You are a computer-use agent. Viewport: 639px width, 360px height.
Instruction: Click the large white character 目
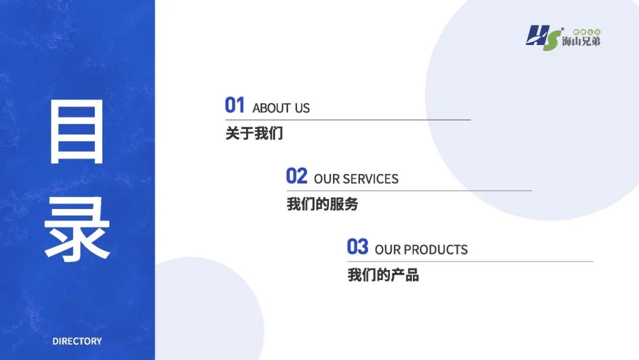coord(77,132)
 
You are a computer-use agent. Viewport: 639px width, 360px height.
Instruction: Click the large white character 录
coord(77,229)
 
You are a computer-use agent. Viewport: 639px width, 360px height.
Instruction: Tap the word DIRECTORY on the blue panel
coord(77,341)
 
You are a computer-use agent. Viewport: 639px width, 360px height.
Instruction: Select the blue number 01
coord(235,105)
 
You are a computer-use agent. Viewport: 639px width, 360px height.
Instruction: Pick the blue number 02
coord(296,176)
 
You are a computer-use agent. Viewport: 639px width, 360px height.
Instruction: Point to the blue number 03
coord(357,247)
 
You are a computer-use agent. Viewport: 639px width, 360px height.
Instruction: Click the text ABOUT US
coord(281,108)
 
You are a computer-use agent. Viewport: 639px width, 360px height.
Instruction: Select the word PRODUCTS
coord(436,250)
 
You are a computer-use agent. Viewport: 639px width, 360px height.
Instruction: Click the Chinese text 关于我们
coord(254,133)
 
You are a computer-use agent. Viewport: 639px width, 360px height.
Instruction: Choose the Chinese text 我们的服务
coord(322,204)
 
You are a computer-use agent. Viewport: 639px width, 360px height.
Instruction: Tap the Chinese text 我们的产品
coord(383,275)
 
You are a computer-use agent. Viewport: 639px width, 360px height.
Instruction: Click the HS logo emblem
coord(542,38)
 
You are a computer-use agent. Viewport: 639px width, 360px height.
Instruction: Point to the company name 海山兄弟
coord(581,42)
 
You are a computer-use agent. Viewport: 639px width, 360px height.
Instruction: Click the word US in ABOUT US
coord(302,108)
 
